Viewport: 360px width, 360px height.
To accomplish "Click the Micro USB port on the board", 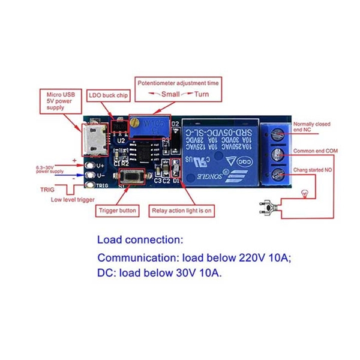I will (93, 139).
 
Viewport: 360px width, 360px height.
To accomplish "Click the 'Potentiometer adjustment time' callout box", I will (177, 88).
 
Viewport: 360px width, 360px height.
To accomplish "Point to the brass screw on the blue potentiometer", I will (136, 124).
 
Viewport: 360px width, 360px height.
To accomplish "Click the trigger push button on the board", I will (131, 178).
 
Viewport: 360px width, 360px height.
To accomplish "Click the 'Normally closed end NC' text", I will (311, 127).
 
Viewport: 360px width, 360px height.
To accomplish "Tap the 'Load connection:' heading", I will (140, 241).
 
